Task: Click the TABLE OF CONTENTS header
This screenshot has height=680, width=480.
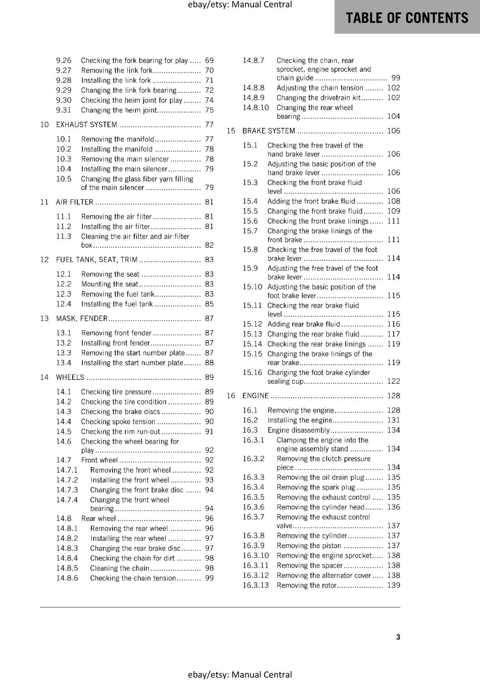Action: pos(407,18)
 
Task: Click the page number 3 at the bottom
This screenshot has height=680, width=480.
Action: pos(398,637)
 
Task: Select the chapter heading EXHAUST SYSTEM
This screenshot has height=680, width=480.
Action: pos(87,125)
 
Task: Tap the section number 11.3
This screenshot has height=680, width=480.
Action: pos(64,236)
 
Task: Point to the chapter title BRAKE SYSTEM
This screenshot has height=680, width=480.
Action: pos(268,131)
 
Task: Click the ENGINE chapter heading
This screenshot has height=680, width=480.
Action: pos(255,396)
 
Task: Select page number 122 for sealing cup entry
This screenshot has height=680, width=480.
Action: pos(393,381)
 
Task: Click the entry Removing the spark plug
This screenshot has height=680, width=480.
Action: pos(316,487)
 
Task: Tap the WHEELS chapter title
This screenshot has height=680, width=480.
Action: pos(70,377)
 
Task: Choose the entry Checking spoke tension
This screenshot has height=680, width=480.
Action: pos(118,422)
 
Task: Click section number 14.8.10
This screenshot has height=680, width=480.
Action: pos(256,108)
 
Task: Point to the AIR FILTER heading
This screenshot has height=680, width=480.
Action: pos(75,202)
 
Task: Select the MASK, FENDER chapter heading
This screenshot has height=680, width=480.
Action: pos(82,318)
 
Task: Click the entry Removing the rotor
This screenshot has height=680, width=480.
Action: pos(306,585)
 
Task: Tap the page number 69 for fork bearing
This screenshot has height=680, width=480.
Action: pos(209,60)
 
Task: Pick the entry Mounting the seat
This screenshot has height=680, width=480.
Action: pos(110,284)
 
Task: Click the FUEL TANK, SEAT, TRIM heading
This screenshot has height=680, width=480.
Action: pos(97,259)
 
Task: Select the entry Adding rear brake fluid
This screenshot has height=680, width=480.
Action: pos(304,324)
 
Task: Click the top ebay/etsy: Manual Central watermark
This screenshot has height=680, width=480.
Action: pos(240,5)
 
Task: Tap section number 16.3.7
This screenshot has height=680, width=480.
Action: pos(254,517)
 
